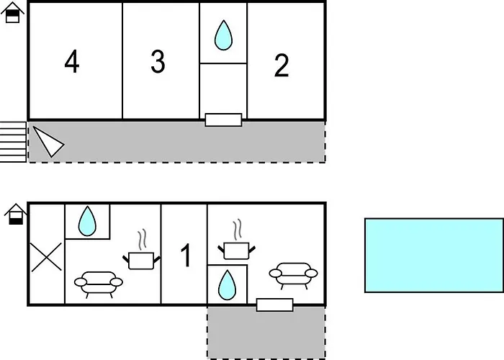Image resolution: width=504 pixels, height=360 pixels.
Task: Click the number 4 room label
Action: coord(71,62)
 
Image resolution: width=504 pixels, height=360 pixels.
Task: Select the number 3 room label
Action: coord(158,62)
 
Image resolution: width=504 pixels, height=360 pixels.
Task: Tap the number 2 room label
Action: coord(282,66)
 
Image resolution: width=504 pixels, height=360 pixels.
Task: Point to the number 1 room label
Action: coord(185,256)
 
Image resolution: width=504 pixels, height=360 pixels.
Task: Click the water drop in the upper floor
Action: coord(224,34)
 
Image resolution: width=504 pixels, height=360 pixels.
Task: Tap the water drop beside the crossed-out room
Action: coord(88,221)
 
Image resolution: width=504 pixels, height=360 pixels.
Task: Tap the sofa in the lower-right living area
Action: coord(293,274)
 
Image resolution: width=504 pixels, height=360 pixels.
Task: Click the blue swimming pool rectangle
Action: coord(433,255)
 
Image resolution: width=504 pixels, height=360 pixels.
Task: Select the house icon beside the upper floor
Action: coord(12,14)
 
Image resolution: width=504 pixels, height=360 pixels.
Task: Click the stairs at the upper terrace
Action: coord(13,142)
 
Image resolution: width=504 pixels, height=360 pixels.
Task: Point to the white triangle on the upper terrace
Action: coord(46,140)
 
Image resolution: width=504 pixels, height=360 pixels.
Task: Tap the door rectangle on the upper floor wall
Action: coord(222,120)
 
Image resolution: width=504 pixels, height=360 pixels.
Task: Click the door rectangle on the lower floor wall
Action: coord(274,305)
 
